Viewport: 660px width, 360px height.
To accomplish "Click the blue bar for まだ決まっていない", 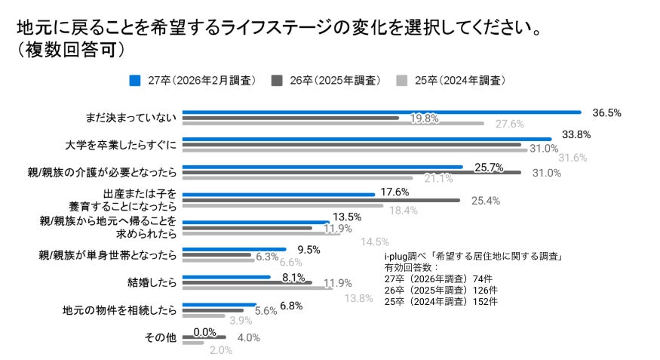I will point(382,112).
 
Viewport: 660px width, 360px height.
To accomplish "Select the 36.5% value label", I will point(606,112).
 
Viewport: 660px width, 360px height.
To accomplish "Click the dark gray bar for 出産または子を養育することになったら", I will point(321,200).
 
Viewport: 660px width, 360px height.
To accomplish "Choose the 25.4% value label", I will point(484,201).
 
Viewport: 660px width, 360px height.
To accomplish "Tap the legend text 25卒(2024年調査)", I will point(459,80).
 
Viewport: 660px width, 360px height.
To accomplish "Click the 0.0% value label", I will point(205,331).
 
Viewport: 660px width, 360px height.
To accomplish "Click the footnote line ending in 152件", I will point(441,301).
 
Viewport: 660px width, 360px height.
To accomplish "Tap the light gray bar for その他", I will point(194,343).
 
